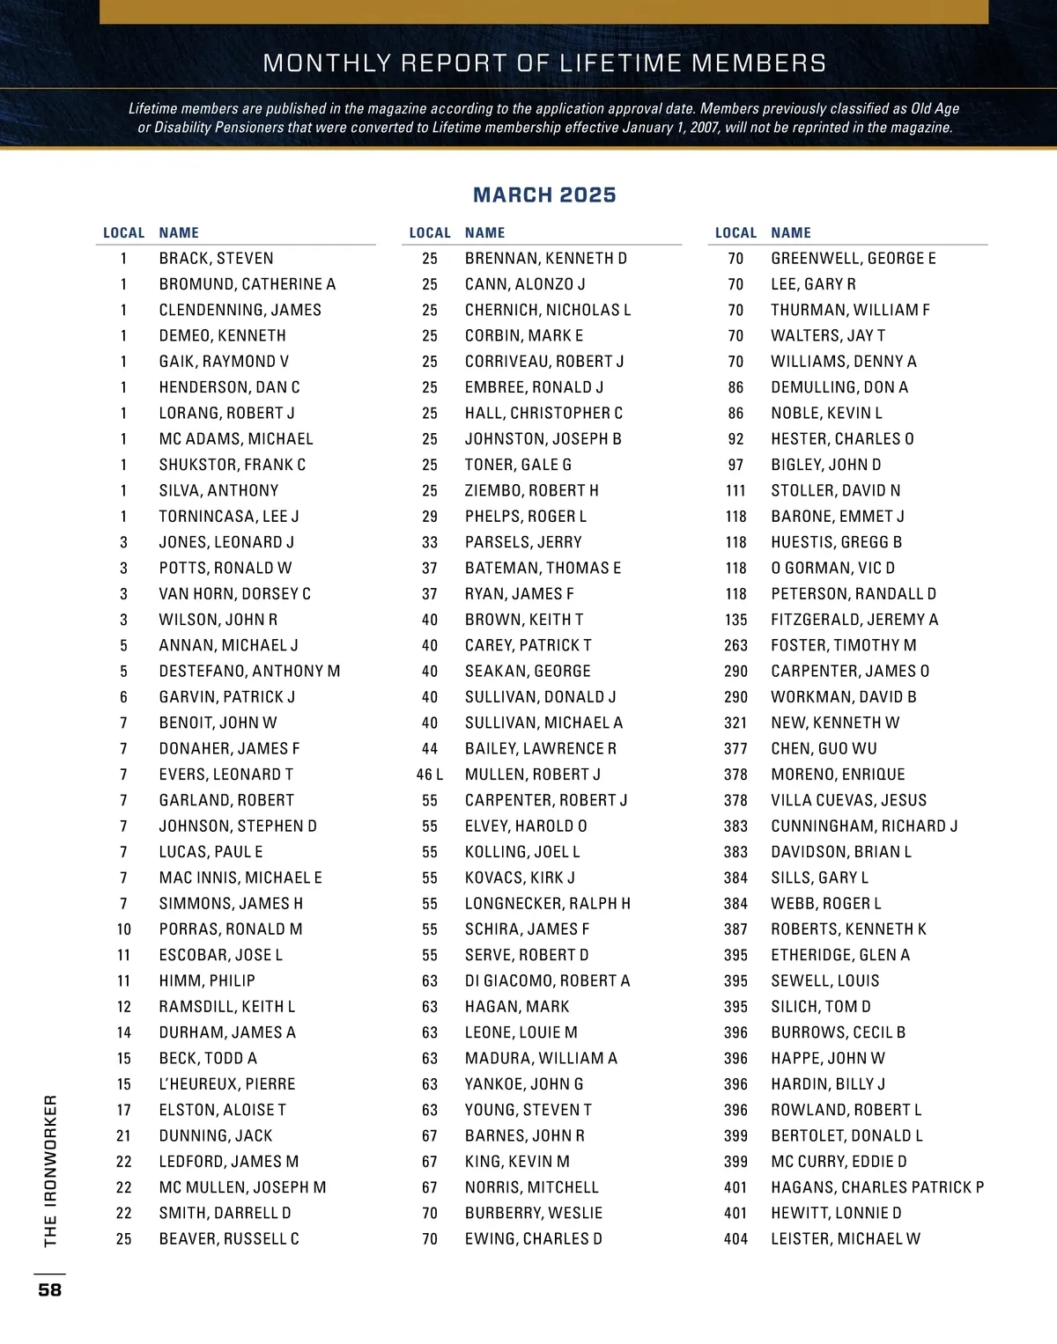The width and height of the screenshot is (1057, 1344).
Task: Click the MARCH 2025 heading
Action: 544,195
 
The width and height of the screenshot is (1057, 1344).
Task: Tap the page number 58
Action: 50,1289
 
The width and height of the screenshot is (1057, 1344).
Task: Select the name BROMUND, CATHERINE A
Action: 247,284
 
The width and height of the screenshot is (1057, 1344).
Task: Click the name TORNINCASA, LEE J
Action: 228,517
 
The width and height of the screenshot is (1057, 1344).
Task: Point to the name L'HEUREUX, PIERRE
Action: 226,1084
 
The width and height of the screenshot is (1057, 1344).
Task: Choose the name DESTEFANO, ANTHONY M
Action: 249,672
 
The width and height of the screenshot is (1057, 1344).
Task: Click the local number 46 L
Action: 429,775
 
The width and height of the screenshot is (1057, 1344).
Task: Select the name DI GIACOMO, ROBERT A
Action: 547,981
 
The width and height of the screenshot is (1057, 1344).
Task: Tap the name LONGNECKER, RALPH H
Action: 547,904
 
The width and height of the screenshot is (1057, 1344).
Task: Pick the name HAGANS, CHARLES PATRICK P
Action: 876,1187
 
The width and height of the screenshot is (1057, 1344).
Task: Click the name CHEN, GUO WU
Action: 824,749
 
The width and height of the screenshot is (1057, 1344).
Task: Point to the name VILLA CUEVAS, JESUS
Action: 848,801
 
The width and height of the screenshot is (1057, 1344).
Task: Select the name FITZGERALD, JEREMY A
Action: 854,620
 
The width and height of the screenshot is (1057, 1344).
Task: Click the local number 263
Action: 735,646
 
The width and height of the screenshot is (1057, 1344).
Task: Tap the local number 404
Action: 735,1239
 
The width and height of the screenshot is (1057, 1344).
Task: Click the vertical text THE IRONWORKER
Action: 50,1171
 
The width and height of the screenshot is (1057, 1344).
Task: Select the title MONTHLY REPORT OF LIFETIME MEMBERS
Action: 544,63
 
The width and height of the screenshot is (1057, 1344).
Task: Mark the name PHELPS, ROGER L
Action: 525,517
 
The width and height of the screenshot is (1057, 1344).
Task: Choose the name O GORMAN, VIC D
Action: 832,569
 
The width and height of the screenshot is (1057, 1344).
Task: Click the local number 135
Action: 735,620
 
